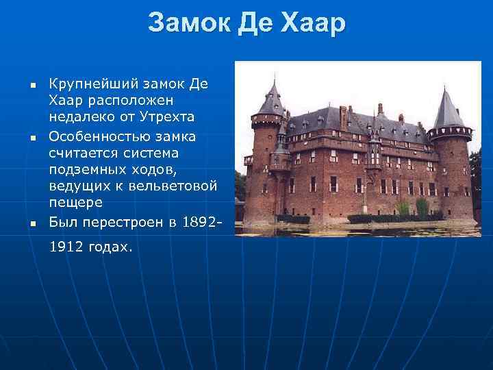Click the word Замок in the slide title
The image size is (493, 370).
(188, 24)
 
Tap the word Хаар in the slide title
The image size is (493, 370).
(313, 24)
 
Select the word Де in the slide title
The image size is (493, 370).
(256, 24)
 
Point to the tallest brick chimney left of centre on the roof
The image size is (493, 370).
(343, 117)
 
